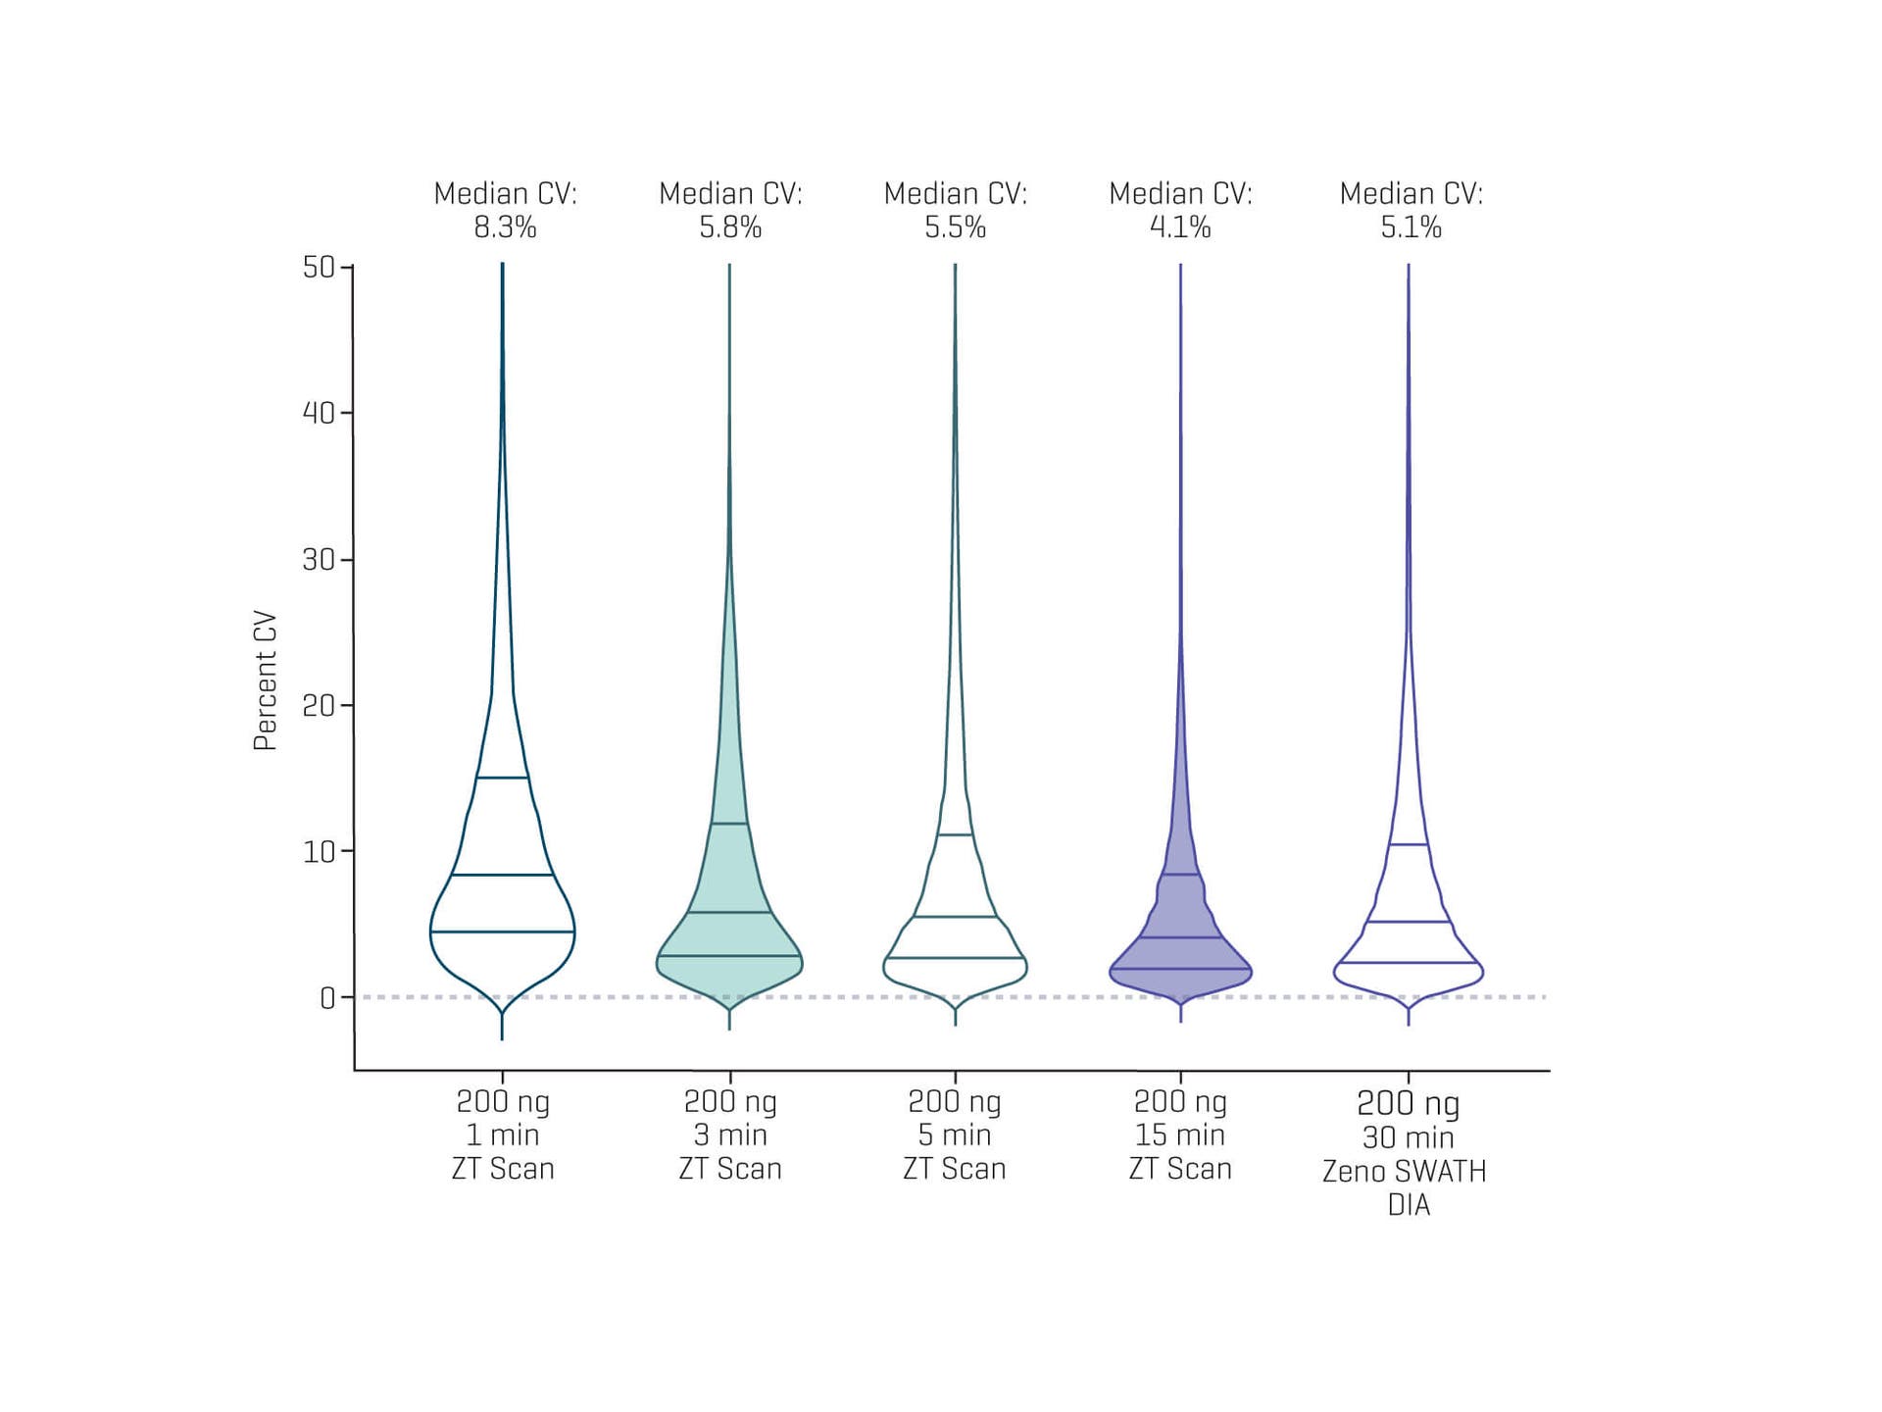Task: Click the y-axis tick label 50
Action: click(319, 267)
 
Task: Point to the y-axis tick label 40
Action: click(319, 413)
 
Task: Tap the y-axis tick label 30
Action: click(319, 559)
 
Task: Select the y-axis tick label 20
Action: click(319, 705)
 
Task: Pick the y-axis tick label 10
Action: click(319, 851)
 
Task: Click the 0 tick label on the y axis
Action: click(327, 998)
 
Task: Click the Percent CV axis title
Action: click(266, 681)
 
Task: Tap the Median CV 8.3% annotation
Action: click(505, 210)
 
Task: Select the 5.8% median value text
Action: click(730, 227)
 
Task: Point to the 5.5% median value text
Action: click(955, 227)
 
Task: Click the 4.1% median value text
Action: click(1180, 227)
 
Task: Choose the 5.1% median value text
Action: click(1411, 227)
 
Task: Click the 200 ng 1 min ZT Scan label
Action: click(503, 1135)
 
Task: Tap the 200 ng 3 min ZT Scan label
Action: click(730, 1135)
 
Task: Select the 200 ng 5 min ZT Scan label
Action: click(955, 1135)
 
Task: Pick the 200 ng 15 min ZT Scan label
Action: click(1180, 1135)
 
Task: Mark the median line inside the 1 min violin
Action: click(503, 875)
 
